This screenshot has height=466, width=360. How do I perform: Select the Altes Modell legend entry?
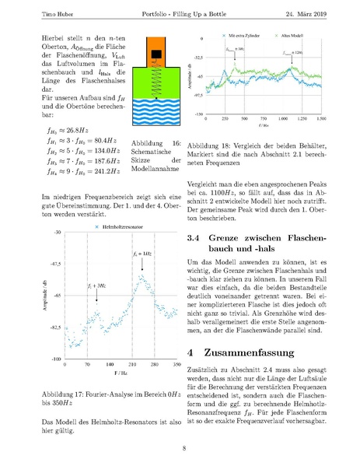click(297, 36)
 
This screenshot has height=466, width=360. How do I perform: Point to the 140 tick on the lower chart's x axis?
click(110, 364)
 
